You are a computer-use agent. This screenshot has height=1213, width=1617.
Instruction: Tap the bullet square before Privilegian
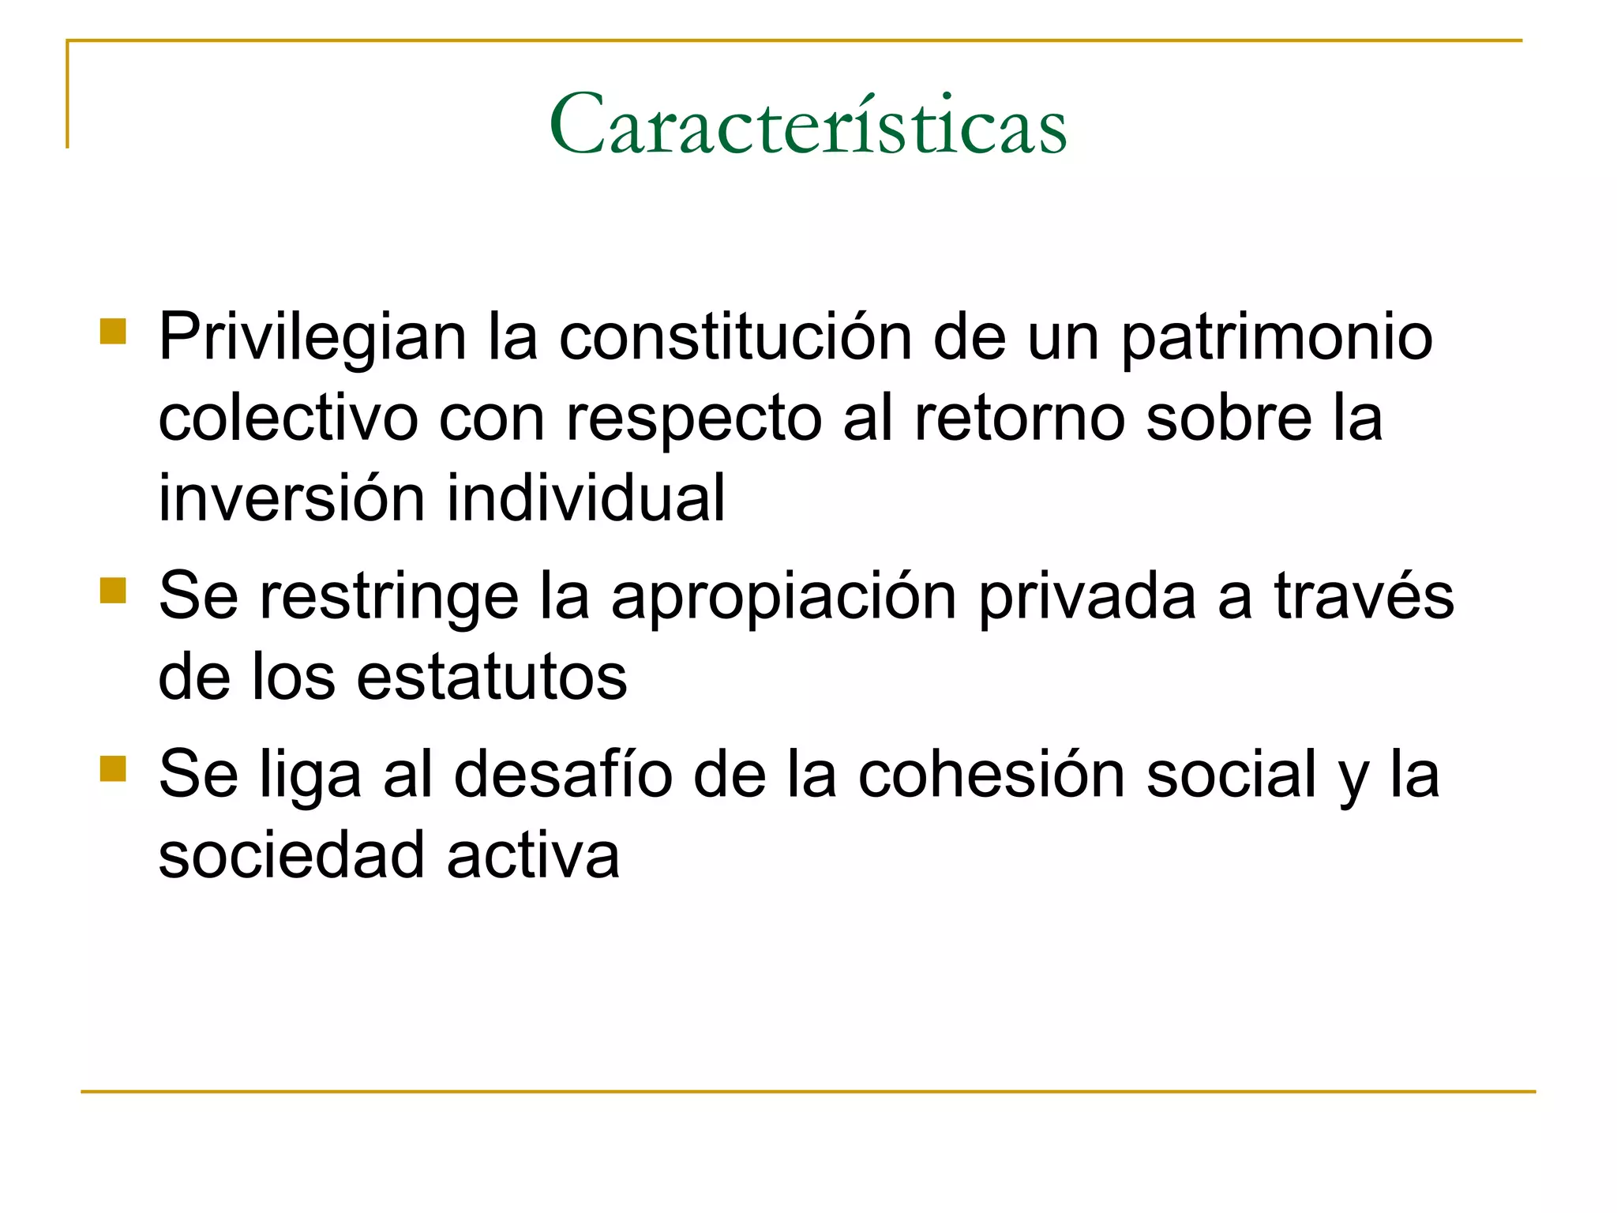(x=114, y=332)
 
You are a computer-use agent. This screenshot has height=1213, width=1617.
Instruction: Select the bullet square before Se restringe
(x=114, y=590)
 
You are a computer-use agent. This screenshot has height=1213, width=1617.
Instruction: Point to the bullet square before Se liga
(x=114, y=768)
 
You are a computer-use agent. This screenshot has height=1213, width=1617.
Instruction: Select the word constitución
(x=734, y=338)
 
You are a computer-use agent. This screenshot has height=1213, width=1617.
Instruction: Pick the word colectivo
(x=287, y=419)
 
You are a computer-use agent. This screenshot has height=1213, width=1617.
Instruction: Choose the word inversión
(x=291, y=499)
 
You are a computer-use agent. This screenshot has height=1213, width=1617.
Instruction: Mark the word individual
(x=585, y=499)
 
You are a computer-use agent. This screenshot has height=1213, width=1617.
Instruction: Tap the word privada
(x=1087, y=597)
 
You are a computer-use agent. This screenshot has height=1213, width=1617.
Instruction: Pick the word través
(x=1364, y=597)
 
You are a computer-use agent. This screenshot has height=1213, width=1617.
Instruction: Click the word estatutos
(x=491, y=678)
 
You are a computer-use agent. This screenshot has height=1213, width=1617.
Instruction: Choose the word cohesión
(x=991, y=775)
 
